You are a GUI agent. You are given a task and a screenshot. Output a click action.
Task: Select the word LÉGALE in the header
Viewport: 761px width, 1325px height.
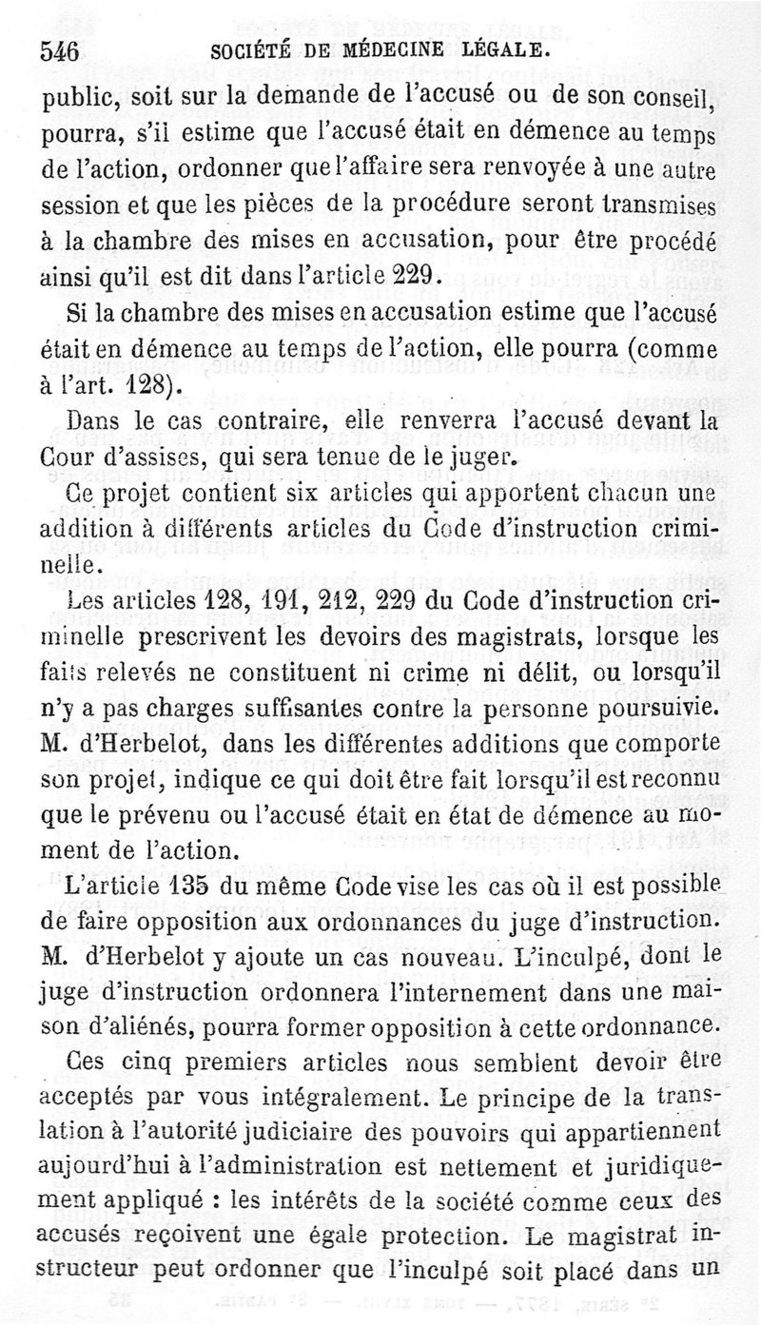pyautogui.click(x=507, y=49)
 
